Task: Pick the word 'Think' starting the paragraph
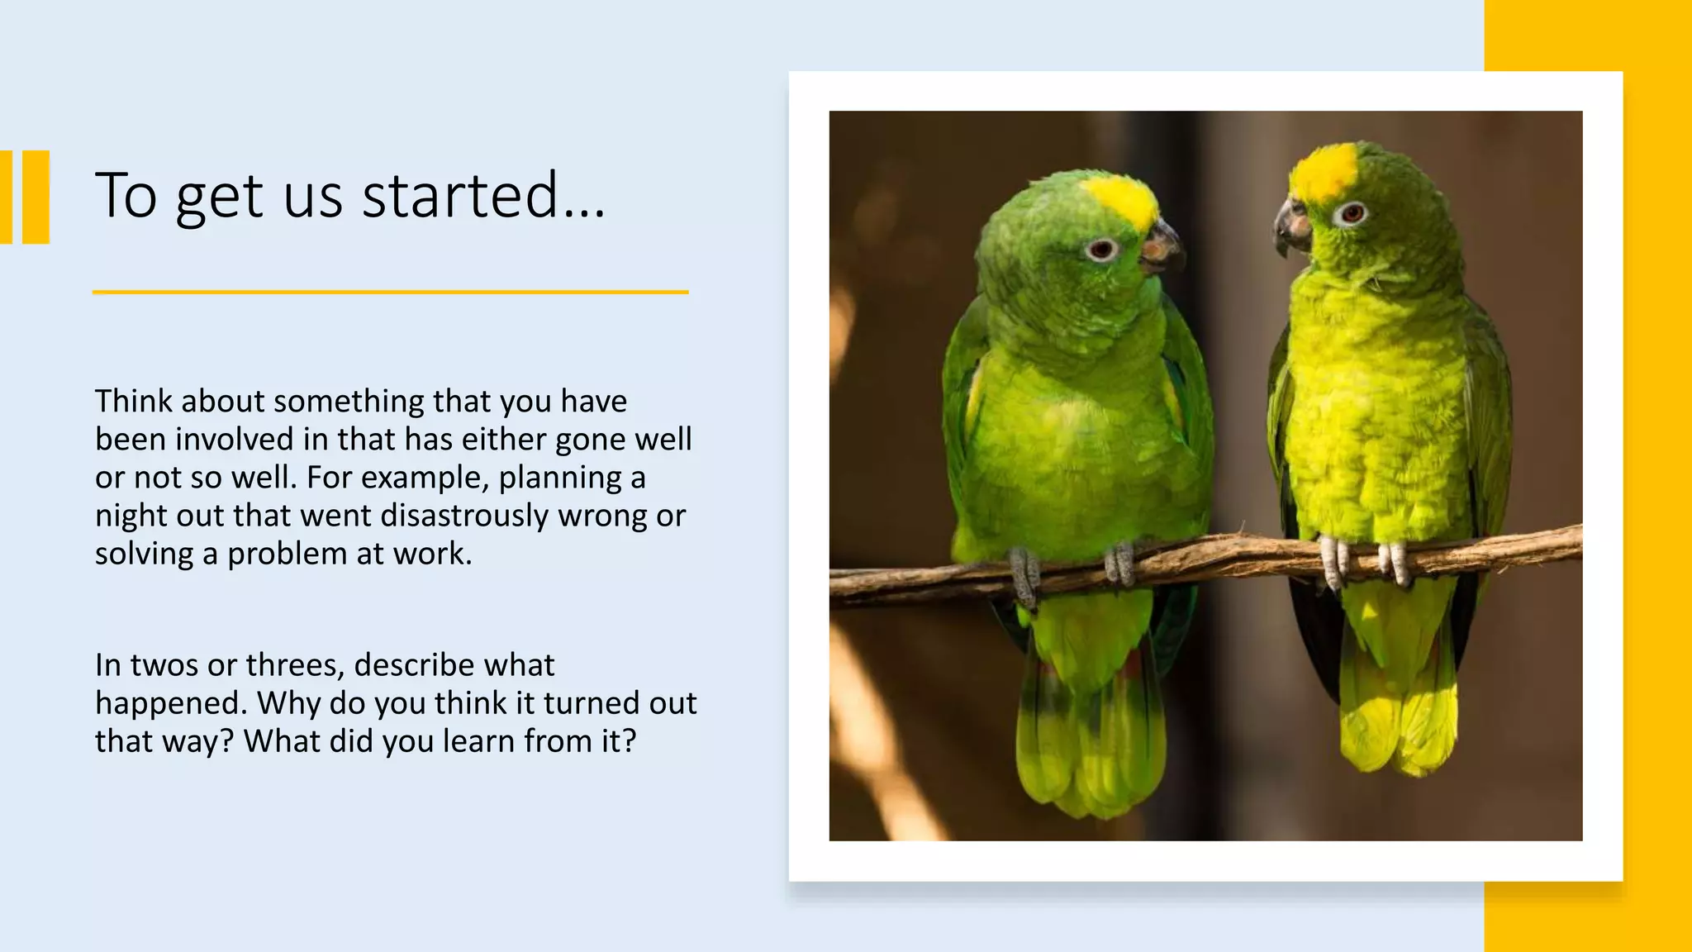(x=133, y=402)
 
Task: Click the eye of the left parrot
(x=1101, y=249)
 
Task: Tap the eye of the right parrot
(x=1352, y=213)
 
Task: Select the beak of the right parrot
(x=1291, y=224)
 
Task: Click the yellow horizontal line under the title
(x=390, y=292)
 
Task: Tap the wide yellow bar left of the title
(x=36, y=197)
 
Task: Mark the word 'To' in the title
(x=126, y=196)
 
